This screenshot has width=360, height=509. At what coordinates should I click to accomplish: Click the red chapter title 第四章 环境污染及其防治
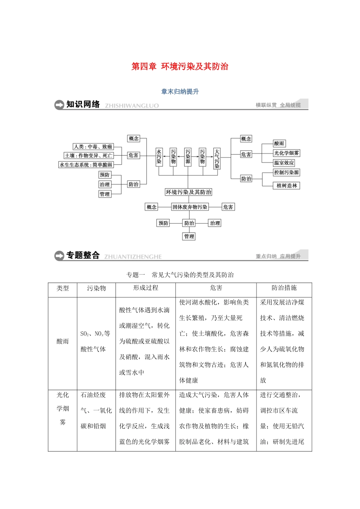tap(180, 67)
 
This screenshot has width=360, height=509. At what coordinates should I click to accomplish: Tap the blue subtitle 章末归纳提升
tap(180, 92)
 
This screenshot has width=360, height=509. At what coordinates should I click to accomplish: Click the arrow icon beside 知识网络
tap(59, 105)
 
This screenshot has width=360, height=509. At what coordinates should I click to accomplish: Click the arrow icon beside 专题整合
tap(59, 256)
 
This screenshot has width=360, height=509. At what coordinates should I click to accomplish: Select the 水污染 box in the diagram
tap(159, 156)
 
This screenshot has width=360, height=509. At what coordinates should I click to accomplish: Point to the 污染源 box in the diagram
tap(188, 156)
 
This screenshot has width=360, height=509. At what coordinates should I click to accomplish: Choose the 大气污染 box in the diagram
tap(217, 158)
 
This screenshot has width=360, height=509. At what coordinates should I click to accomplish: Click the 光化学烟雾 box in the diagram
tap(286, 153)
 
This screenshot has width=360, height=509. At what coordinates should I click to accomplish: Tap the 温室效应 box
tap(284, 163)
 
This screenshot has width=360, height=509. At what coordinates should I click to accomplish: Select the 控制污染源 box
tap(286, 173)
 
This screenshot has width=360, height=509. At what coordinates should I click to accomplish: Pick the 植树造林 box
tap(286, 186)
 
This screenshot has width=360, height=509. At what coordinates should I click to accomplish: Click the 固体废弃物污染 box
tap(190, 207)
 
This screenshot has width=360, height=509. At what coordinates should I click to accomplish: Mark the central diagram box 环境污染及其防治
tap(188, 192)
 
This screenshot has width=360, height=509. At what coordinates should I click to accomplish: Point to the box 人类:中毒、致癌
tap(93, 147)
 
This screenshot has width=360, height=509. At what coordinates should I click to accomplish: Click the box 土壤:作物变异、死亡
tap(89, 156)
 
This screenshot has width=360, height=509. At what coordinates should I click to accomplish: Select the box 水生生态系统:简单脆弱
tap(86, 165)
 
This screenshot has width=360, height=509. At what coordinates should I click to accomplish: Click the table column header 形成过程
tap(146, 288)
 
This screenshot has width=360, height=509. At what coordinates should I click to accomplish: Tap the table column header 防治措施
tap(284, 288)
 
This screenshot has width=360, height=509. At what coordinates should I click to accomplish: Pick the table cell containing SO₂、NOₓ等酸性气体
tap(95, 341)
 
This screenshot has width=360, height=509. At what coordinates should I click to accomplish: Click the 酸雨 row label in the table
tap(63, 341)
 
